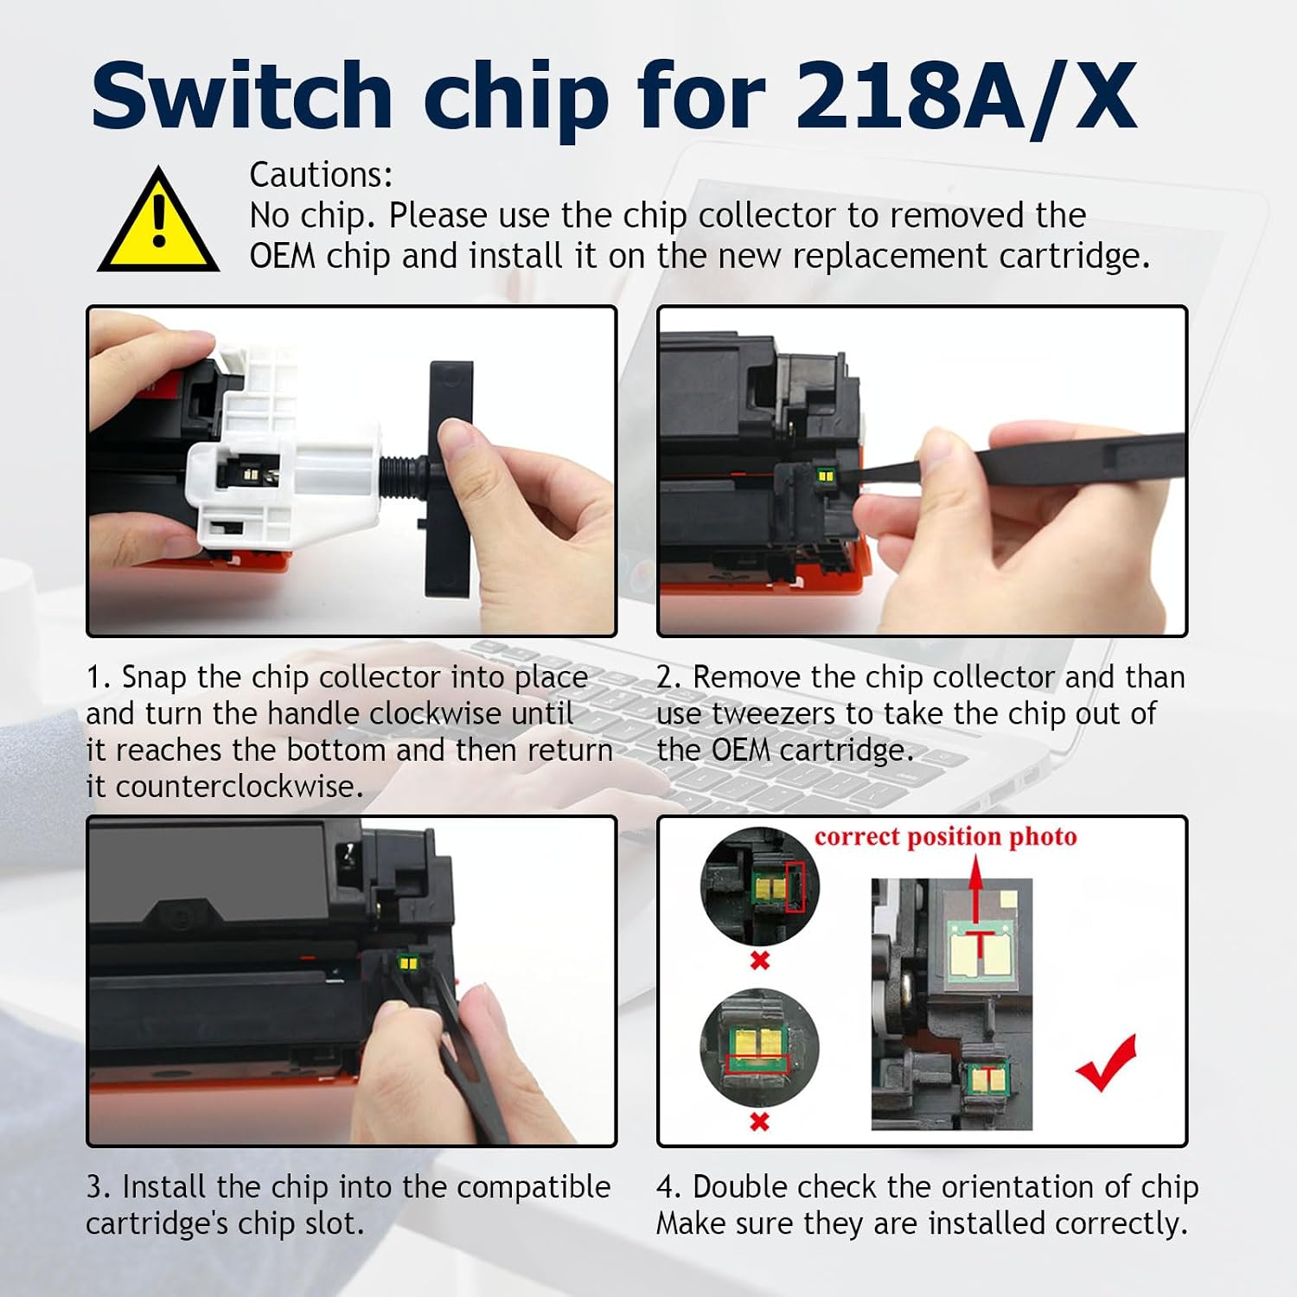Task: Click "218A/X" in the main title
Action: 965,97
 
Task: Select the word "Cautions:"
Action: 321,175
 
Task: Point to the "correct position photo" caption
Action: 946,836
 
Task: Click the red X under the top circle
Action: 760,960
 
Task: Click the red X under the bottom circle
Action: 759,1121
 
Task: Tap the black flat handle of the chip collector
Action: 450,480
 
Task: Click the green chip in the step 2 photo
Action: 825,476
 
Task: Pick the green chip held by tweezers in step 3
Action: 407,962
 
